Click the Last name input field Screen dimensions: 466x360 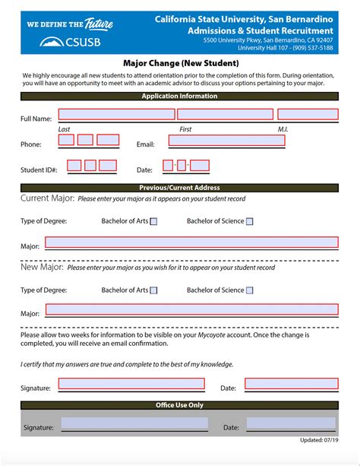pyautogui.click(x=115, y=115)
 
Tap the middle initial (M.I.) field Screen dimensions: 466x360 pyautogui.click(x=308, y=115)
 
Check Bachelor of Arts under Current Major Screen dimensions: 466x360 pyautogui.click(x=154, y=222)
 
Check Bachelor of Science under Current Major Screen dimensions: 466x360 pyautogui.click(x=249, y=222)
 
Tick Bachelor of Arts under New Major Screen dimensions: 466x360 pyautogui.click(x=154, y=290)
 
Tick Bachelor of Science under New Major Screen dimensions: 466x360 pyautogui.click(x=249, y=290)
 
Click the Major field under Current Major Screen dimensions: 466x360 pyautogui.click(x=191, y=243)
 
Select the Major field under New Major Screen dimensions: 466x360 pyautogui.click(x=191, y=310)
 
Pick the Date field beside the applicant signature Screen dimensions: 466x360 pyautogui.click(x=290, y=385)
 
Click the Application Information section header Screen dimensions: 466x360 pyautogui.click(x=180, y=97)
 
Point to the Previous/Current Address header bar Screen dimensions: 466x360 pyautogui.click(x=180, y=188)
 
